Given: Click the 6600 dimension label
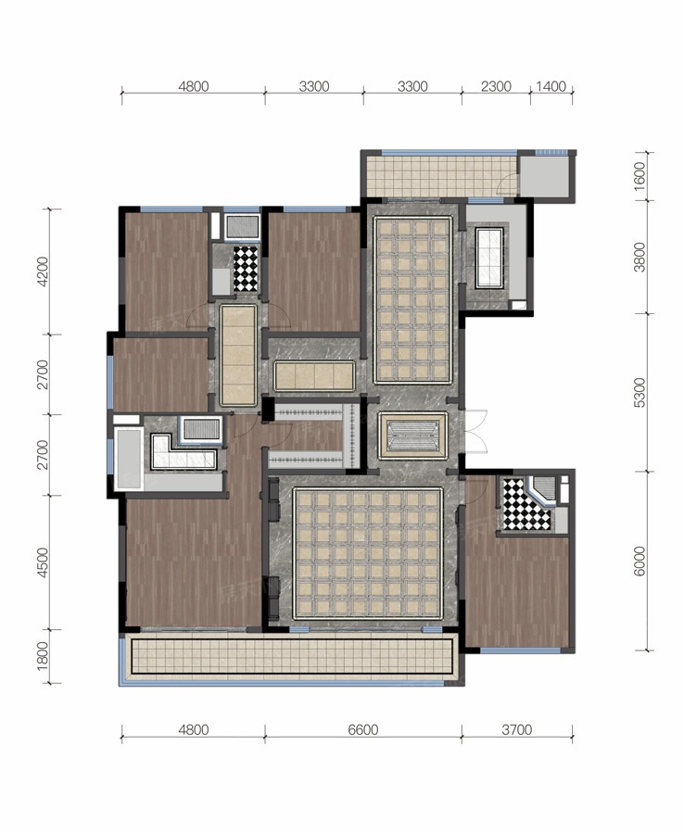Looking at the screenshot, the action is [x=362, y=729].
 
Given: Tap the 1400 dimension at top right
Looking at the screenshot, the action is [x=551, y=86].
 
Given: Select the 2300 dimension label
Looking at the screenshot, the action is [x=496, y=86].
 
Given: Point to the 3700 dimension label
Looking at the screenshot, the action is [x=516, y=729].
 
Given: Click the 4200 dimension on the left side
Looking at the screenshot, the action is [x=43, y=272].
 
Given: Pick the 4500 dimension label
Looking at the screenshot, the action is [x=43, y=562].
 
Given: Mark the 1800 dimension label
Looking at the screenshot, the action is [x=43, y=656].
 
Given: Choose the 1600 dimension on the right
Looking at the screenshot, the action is [x=640, y=173].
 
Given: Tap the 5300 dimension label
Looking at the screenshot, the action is [x=640, y=393].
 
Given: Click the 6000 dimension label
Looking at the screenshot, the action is [x=640, y=561].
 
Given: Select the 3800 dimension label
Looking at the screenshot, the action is [x=640, y=257].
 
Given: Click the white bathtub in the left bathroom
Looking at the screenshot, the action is [x=128, y=459].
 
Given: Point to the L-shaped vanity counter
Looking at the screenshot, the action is [x=183, y=453].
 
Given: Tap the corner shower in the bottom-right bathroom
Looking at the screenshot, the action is [x=541, y=490].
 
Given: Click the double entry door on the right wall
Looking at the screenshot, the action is [x=475, y=431].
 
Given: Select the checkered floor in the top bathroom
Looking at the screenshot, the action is [x=246, y=269].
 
